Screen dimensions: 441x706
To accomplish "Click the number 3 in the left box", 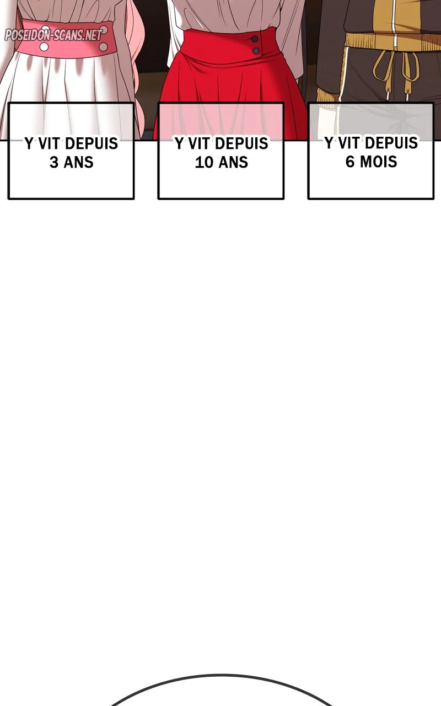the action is pos(54,162).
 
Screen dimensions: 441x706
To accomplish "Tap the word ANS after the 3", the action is pos(78,162).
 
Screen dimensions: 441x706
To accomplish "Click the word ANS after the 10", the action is pos(233,162).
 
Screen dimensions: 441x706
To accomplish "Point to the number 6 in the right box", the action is pos(350,162).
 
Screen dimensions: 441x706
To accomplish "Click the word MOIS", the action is pos(378,162).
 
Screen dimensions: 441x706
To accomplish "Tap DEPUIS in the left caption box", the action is pos(92,143).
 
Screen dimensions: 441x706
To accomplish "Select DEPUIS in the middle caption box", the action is pos(241,143).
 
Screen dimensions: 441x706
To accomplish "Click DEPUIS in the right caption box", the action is pos(391,143).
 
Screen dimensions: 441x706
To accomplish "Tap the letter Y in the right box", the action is pos(329,143).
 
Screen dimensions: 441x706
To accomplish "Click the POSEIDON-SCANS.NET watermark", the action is pos(53,35).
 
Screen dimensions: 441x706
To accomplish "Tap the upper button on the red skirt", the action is pos(255,39).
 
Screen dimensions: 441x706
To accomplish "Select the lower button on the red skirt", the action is pos(256,50).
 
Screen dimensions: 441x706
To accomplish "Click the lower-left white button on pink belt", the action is pos(44,47).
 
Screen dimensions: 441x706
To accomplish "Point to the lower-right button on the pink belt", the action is pos(103,47).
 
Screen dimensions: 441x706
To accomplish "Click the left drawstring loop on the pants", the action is pos(382,68).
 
